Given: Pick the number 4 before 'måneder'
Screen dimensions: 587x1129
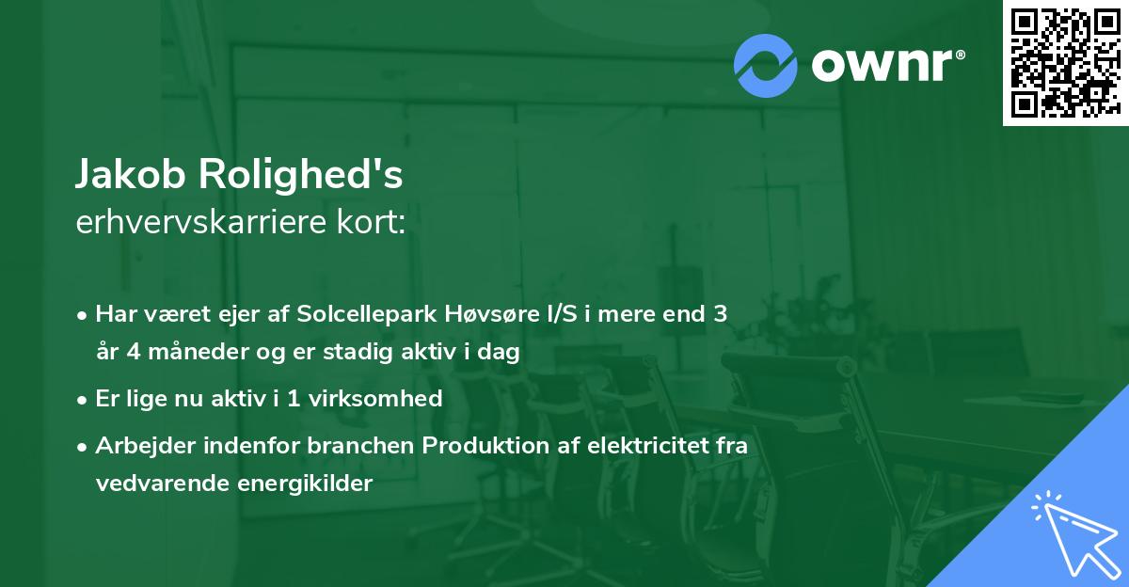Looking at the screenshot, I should (128, 352).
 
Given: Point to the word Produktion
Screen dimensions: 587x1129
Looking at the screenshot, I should (484, 446).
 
